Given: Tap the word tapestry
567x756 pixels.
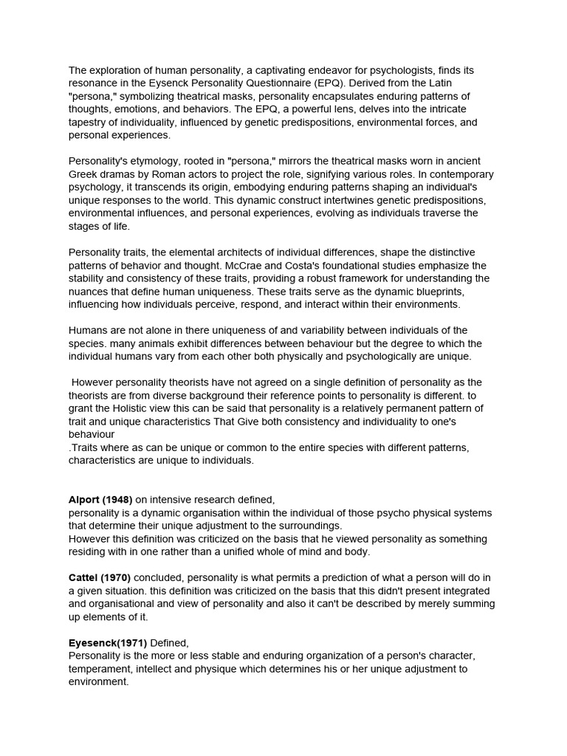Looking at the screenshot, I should coord(89,123).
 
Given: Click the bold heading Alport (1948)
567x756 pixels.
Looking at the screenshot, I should coord(100,500).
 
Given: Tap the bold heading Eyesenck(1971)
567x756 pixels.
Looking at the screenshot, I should coord(108,643).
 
